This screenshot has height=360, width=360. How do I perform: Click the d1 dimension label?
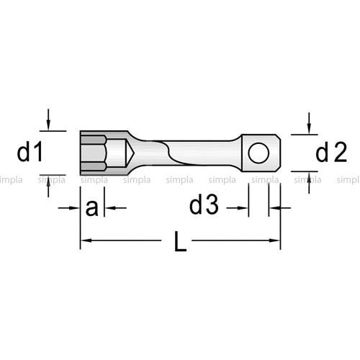pos(30,152)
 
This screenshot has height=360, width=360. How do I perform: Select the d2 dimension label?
pos(331,153)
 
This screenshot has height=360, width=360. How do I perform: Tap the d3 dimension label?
pos(204,205)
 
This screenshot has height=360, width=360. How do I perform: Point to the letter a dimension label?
pos(92,208)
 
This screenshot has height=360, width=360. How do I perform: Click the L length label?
pos(180,241)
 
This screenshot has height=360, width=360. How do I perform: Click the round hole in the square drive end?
pos(258,153)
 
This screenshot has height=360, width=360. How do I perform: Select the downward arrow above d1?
pos(48,120)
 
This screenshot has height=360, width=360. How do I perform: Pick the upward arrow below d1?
pos(48,186)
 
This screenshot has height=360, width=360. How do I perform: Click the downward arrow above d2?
pos(309,123)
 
